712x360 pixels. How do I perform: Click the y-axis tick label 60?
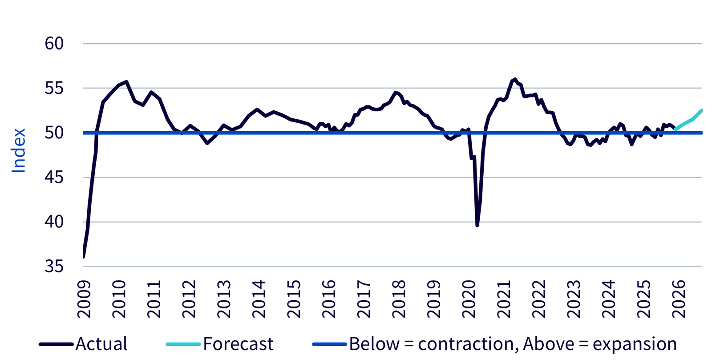(54, 44)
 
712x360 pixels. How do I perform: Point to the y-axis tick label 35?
(54, 267)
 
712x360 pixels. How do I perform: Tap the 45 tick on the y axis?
(54, 178)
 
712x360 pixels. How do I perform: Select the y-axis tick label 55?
(54, 88)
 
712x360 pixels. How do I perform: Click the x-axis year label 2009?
(84, 299)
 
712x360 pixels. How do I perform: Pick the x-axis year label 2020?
(469, 299)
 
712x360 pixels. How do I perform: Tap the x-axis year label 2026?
(679, 299)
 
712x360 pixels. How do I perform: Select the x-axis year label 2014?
(259, 299)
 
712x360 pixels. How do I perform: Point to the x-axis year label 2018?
(399, 299)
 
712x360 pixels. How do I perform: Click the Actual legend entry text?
(101, 344)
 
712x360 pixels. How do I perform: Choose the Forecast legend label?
(238, 344)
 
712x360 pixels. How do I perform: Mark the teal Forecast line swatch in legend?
(183, 344)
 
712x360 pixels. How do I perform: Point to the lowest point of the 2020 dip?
(477, 226)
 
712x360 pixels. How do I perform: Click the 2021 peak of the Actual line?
(515, 79)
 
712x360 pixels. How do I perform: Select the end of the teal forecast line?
(702, 110)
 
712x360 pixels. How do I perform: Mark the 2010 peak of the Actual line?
(127, 81)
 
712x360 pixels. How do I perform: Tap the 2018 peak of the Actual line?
(395, 92)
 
